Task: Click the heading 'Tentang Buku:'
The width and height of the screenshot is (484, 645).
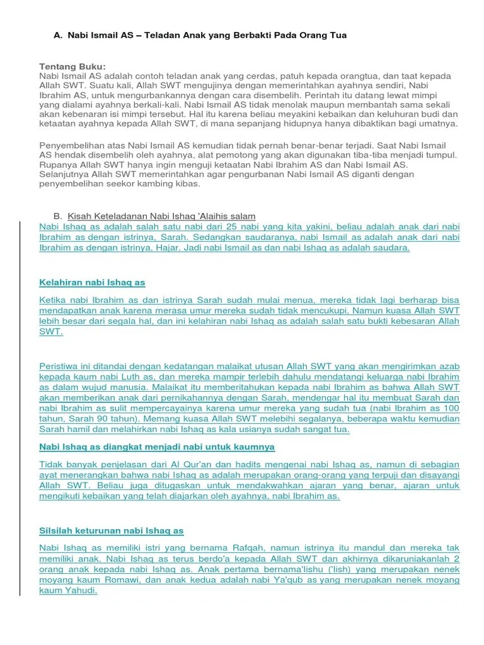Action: [72, 67]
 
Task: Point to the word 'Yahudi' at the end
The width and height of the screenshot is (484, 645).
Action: [81, 591]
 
